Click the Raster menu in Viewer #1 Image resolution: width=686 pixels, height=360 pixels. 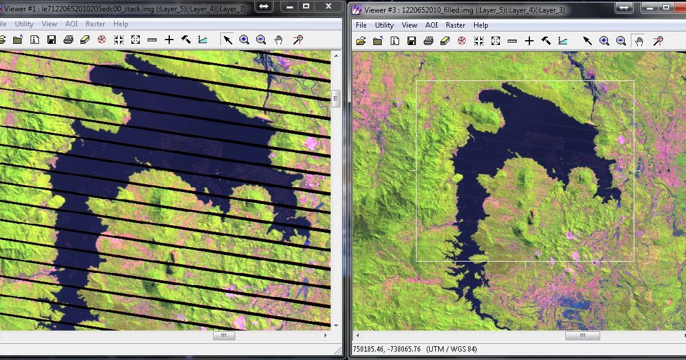pos(95,24)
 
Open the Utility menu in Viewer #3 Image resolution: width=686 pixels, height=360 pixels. pos(384,25)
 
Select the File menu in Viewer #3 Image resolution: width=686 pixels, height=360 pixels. pos(361,25)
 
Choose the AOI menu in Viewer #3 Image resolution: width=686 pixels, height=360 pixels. pos(432,25)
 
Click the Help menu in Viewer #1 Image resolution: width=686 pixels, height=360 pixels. pos(121,24)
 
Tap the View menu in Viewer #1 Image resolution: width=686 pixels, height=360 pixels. pos(49,24)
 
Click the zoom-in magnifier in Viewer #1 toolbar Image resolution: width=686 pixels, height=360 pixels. pos(244,40)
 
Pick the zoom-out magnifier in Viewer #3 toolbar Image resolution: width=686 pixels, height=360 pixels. pos(621,41)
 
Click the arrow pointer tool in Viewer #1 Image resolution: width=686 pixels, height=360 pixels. pos(227,40)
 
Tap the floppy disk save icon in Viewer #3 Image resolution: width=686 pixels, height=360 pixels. pos(411,41)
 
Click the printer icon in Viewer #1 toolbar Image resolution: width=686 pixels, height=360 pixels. pos(68,40)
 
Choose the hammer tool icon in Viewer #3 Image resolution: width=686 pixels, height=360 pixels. pos(546,41)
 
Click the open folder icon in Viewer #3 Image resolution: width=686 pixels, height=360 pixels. pos(361,41)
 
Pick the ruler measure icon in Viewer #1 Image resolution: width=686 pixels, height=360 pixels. pos(152,40)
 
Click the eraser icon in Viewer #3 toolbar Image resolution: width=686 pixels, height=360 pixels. pos(445,41)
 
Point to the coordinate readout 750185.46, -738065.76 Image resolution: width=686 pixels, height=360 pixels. pos(387,349)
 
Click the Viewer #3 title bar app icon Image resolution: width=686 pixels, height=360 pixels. pos(357,10)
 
